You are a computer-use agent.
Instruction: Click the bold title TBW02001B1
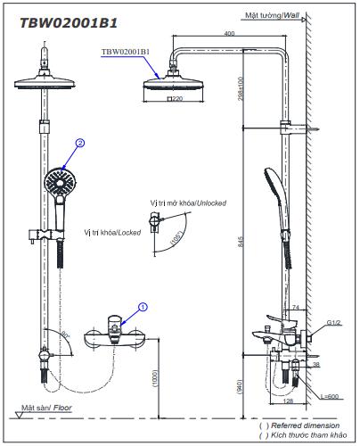pyautogui.click(x=69, y=23)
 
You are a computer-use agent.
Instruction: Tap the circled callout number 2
pyautogui.click(x=80, y=143)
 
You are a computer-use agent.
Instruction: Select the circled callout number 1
pyautogui.click(x=143, y=307)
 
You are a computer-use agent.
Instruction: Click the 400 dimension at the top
pyautogui.click(x=229, y=33)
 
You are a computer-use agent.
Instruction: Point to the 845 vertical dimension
pyautogui.click(x=241, y=242)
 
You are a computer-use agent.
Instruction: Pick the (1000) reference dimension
pyautogui.click(x=155, y=378)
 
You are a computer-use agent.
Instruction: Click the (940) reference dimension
pyautogui.click(x=240, y=387)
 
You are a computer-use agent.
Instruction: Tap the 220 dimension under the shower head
pyautogui.click(x=175, y=98)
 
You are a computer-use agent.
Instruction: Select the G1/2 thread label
pyautogui.click(x=334, y=322)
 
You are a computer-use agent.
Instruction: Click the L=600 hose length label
pyautogui.click(x=330, y=396)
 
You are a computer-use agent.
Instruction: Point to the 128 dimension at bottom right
pyautogui.click(x=288, y=401)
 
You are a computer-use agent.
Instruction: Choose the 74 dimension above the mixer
pyautogui.click(x=296, y=307)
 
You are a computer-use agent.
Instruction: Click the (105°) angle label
pyautogui.click(x=176, y=237)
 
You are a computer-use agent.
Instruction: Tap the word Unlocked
pyautogui.click(x=211, y=203)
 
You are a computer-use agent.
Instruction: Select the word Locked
pyautogui.click(x=129, y=233)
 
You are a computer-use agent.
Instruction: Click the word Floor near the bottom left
pyautogui.click(x=62, y=408)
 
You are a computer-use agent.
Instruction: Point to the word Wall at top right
pyautogui.click(x=291, y=15)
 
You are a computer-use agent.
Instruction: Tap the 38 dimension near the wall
pyautogui.click(x=316, y=365)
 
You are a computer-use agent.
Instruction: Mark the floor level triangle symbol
pyautogui.click(x=20, y=415)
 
